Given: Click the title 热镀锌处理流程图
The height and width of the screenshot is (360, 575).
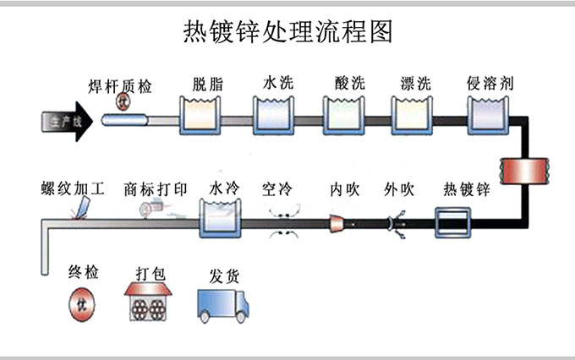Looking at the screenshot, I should [x=287, y=31].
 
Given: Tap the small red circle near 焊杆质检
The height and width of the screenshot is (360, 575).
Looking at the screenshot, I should [x=123, y=102].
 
